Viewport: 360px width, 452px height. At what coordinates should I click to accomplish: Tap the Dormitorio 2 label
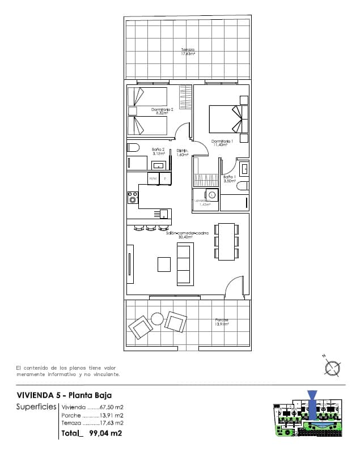(162, 111)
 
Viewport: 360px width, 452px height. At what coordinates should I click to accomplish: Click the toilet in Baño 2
(133, 147)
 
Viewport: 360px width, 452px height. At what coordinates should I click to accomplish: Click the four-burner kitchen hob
(133, 198)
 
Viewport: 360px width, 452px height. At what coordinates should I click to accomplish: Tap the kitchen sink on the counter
(163, 214)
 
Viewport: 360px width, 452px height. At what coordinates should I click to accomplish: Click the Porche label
(222, 322)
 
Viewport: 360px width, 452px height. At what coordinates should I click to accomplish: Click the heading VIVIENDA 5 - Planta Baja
(64, 395)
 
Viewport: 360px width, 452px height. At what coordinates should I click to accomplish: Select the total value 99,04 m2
(103, 434)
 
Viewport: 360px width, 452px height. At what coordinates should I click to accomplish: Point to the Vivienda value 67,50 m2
(112, 407)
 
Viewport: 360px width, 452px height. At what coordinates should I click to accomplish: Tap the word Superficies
(36, 407)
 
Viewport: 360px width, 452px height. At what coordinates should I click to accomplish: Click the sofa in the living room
(185, 264)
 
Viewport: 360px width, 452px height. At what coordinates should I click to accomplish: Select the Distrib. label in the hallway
(182, 152)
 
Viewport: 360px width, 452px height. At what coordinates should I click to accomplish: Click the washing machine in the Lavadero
(211, 195)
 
